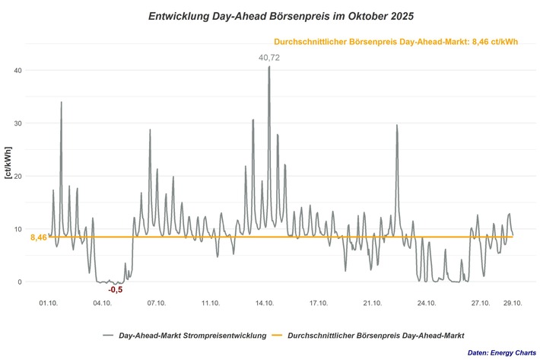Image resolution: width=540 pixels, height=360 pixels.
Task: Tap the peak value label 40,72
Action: [268, 57]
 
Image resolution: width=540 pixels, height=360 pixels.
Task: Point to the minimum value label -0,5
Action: [115, 290]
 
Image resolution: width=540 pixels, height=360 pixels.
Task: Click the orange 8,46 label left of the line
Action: [39, 237]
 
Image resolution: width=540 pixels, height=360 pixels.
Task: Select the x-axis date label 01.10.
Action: [48, 303]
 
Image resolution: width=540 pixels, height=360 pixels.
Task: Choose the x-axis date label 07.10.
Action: [157, 303]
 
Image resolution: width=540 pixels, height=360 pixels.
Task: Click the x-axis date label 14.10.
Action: [265, 303]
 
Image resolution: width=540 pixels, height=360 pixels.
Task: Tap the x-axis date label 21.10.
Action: [373, 303]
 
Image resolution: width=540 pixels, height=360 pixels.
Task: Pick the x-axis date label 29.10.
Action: [513, 303]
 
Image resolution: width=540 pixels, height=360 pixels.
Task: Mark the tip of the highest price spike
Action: [269, 67]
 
